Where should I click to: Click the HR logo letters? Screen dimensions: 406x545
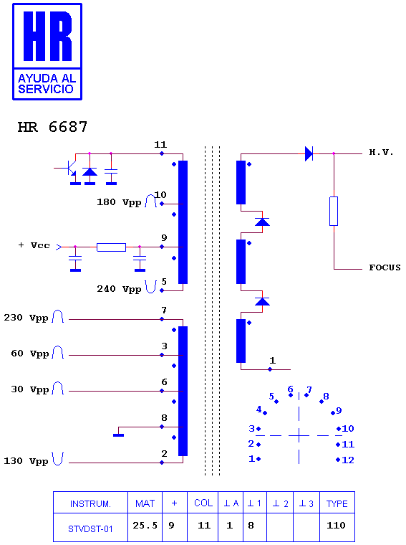click(47, 36)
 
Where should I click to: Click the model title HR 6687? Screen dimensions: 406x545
click(52, 127)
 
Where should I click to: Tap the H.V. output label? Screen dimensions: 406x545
click(381, 152)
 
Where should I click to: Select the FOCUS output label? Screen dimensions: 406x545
click(385, 267)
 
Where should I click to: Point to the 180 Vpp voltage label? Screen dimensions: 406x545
click(119, 202)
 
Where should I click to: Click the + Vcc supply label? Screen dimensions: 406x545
click(34, 245)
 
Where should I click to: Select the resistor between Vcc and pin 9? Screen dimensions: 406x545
click(111, 247)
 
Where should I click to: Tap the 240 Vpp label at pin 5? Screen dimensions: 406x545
click(119, 289)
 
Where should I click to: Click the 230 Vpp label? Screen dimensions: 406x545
click(26, 318)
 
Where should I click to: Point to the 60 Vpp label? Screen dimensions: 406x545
click(30, 354)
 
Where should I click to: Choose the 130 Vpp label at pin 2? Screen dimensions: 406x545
click(26, 461)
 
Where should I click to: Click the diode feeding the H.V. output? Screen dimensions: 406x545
click(309, 153)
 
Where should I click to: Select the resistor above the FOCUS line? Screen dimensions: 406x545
click(334, 212)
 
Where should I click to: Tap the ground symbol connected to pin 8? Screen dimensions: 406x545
click(118, 435)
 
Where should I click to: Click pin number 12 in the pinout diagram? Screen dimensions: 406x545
click(348, 460)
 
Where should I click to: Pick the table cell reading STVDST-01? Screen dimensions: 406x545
click(90, 529)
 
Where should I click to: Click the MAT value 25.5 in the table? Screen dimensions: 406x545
click(145, 525)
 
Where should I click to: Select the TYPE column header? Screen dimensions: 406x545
click(337, 503)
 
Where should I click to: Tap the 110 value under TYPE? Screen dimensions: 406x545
click(337, 525)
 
